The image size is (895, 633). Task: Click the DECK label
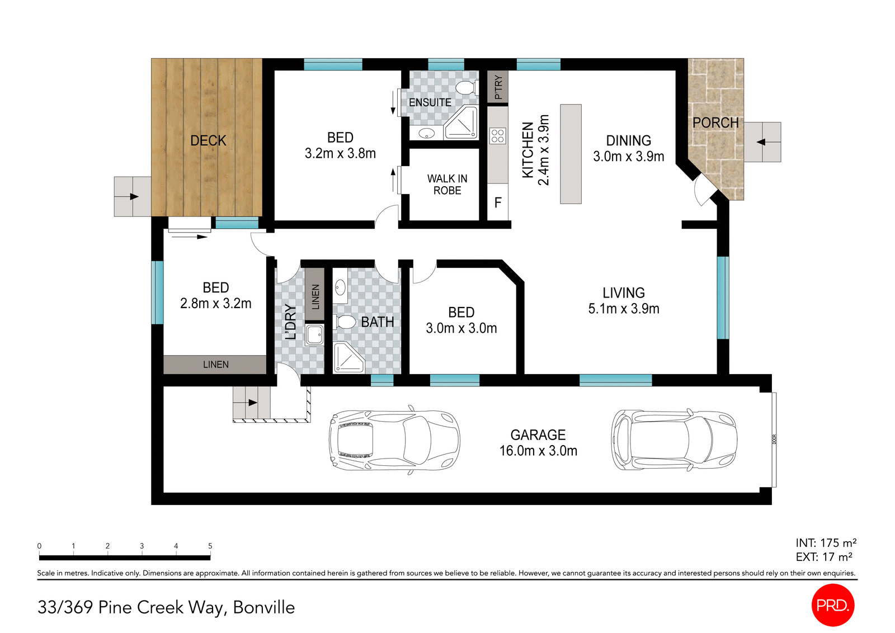[x=208, y=140]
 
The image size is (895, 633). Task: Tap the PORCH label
[x=715, y=122]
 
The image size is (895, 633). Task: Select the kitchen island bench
[x=571, y=154]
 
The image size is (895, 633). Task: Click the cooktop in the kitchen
[x=497, y=135]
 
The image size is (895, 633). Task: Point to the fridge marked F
[x=498, y=202]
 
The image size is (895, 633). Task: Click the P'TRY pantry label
[x=498, y=87]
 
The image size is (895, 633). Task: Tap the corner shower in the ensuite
[x=462, y=124]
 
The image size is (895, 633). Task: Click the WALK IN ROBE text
[x=447, y=185]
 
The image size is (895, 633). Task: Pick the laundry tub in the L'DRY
[x=314, y=335]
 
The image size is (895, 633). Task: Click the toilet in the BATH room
[x=345, y=322]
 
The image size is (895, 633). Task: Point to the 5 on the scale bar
[x=210, y=546]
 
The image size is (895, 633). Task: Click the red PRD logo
[x=832, y=604]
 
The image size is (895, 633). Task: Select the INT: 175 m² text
[x=826, y=543]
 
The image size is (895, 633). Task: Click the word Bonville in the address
[x=263, y=607]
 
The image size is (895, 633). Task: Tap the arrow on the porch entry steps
[x=761, y=142]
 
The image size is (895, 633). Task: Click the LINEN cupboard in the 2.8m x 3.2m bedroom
[x=215, y=365]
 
